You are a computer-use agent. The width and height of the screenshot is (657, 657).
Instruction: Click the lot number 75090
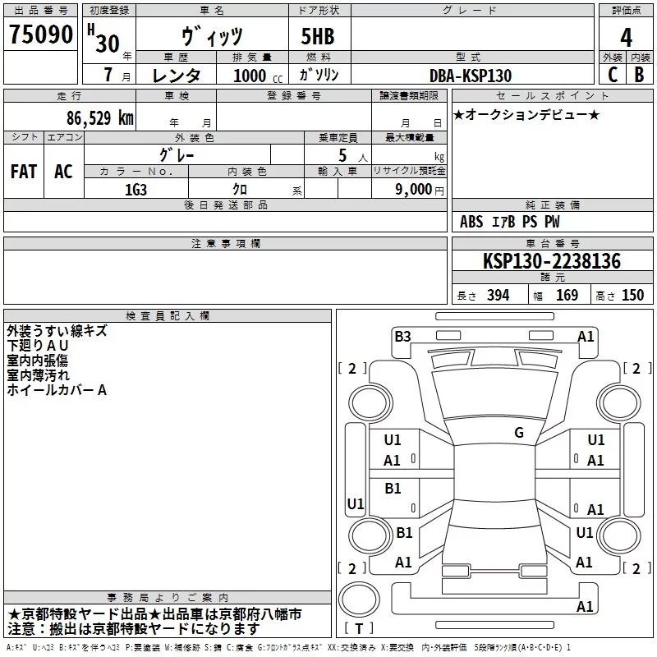[x=41, y=34]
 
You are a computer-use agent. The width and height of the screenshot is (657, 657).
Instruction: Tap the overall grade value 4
[x=626, y=37]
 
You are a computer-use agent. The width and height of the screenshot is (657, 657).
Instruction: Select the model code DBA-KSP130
[x=471, y=76]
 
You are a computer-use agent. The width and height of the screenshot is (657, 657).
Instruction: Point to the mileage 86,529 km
[x=100, y=117]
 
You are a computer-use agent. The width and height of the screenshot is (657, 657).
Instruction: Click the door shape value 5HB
[x=318, y=36]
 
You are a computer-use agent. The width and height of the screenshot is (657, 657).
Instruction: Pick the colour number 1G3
[x=136, y=190]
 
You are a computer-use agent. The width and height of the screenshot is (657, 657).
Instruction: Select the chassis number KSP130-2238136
[x=552, y=260]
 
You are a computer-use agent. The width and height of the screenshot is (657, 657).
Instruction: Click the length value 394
[x=498, y=295]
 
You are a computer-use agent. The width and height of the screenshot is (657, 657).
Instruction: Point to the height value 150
[x=632, y=295]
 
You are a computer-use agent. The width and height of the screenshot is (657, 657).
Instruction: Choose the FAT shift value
[x=24, y=172]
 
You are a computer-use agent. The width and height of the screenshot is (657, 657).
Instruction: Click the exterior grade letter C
[x=613, y=75]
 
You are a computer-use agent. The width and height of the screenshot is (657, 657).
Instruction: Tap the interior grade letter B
[x=639, y=75]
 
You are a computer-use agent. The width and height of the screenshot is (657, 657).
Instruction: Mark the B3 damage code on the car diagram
[x=402, y=337]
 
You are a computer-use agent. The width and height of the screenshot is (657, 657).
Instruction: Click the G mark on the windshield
[x=519, y=433]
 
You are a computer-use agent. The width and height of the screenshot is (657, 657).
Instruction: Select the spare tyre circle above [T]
[x=359, y=599]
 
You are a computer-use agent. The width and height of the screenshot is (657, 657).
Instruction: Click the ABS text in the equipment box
[x=471, y=222]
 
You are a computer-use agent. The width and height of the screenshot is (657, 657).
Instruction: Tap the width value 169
[x=567, y=295]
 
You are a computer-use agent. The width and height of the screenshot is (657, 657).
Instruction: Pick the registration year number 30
[x=108, y=44]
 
